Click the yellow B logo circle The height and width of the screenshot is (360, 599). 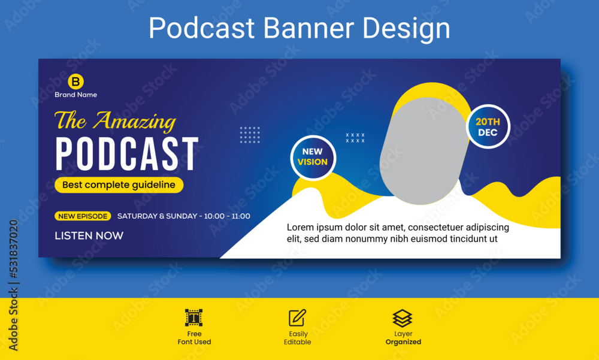click(x=75, y=81)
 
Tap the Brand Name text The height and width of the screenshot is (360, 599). click(x=75, y=95)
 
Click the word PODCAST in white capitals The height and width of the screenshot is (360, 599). click(x=127, y=155)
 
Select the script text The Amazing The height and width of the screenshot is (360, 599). click(x=115, y=121)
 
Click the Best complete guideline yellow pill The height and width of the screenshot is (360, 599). click(x=119, y=185)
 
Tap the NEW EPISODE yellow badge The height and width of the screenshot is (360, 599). click(x=83, y=216)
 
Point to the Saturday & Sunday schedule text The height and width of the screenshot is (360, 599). click(x=184, y=216)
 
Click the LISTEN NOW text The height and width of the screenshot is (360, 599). click(x=89, y=235)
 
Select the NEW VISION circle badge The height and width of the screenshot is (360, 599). click(x=313, y=157)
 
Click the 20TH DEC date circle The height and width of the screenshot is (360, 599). click(x=488, y=126)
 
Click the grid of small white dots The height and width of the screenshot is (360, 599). click(x=250, y=135)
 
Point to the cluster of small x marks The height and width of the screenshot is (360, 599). click(x=355, y=138)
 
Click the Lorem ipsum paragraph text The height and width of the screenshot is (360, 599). click(x=397, y=233)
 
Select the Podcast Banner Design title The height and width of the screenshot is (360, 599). click(x=299, y=28)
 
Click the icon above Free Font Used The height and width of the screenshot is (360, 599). click(x=193, y=317)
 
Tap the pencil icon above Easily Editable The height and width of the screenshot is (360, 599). click(x=297, y=317)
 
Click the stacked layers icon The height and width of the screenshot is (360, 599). click(x=403, y=317)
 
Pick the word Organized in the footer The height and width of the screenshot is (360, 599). click(x=403, y=342)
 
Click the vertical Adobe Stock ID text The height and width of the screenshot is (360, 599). click(x=13, y=285)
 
